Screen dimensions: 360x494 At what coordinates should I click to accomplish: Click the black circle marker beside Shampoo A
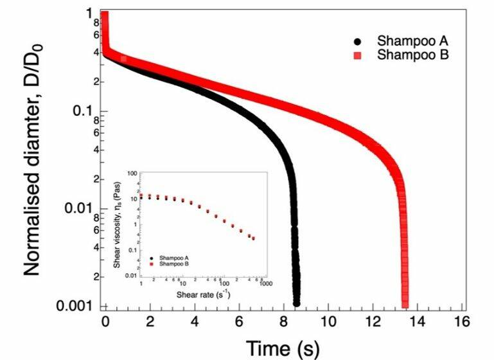click(x=357, y=42)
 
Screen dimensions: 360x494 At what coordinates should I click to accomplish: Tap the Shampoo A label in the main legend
click(x=407, y=42)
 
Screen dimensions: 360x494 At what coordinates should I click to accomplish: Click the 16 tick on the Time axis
click(x=460, y=320)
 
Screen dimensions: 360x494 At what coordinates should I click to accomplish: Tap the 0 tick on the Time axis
click(x=106, y=320)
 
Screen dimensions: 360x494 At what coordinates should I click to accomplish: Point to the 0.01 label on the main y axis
click(x=83, y=208)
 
